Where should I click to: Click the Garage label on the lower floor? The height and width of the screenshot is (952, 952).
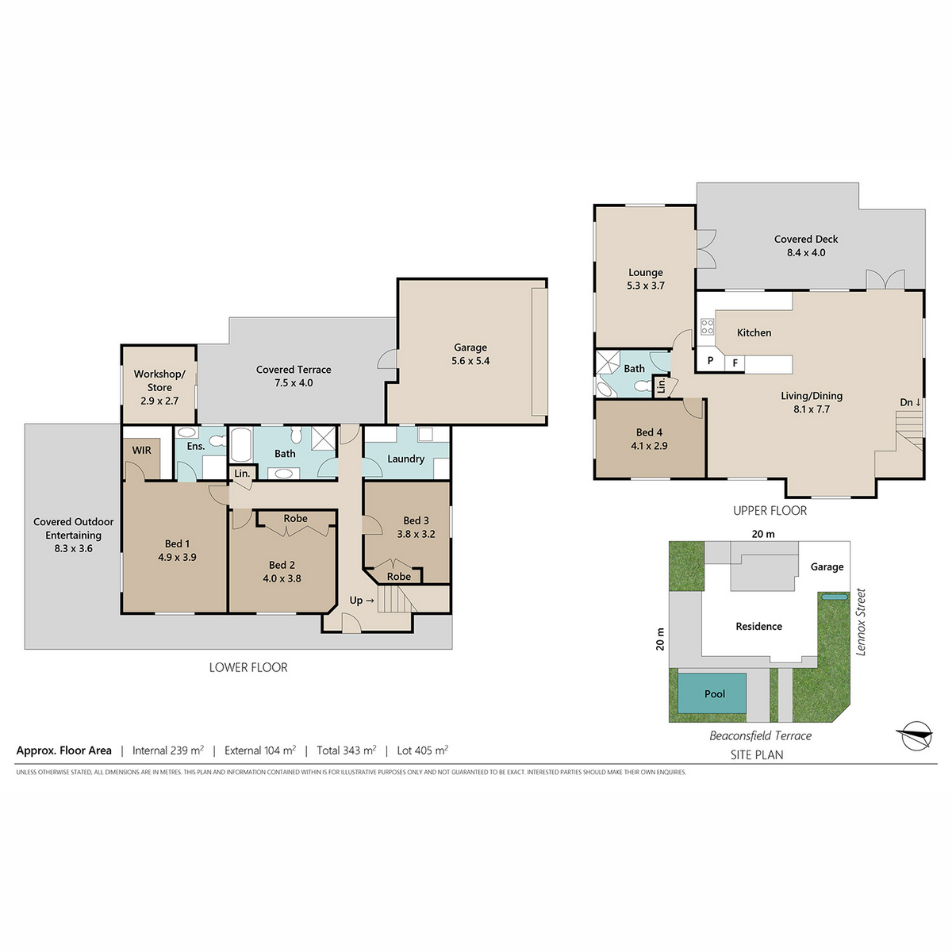470,347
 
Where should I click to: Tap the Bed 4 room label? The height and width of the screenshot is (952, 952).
649,432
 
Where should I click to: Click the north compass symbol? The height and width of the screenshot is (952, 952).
915,735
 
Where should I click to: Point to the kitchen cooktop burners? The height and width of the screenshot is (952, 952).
707,326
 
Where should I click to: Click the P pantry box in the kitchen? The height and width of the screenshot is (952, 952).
710,361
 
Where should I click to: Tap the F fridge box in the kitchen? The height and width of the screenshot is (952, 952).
735,363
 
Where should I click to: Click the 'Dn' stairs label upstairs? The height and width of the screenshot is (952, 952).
910,402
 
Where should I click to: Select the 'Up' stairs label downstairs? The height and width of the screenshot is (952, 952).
362,601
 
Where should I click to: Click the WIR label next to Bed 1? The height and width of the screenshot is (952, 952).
142,450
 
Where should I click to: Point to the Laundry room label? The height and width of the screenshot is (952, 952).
405,459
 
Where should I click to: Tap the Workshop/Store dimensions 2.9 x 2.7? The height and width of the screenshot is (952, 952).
159,401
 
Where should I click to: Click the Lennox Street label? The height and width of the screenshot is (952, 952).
861,622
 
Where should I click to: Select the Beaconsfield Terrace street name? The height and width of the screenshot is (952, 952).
760,736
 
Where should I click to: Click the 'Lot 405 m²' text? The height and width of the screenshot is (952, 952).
422,750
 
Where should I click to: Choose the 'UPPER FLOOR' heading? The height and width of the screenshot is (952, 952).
770,511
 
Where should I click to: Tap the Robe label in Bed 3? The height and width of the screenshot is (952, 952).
399,577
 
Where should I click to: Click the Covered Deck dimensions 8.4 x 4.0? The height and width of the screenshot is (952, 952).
806,252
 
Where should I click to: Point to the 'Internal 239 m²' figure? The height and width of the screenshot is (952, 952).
168,750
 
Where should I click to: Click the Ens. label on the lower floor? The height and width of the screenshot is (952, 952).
196,446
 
